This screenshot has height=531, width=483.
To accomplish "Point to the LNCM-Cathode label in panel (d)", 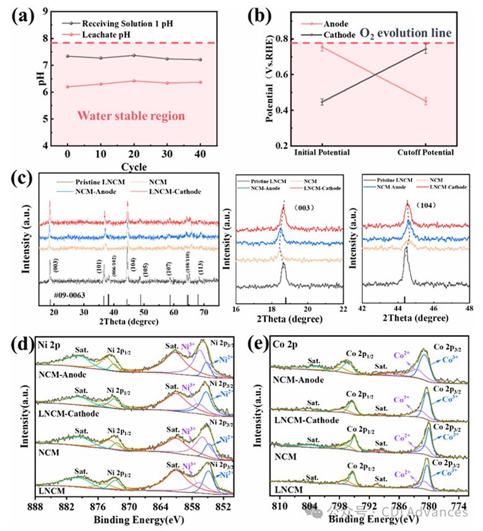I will tap(69, 413).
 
